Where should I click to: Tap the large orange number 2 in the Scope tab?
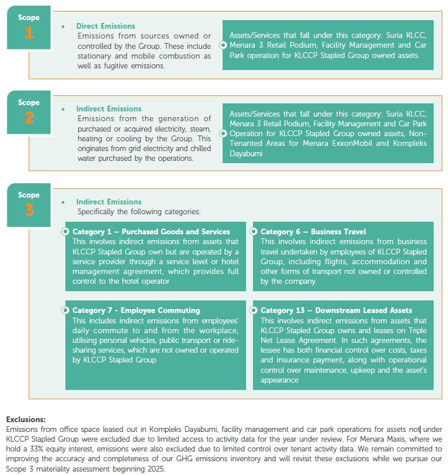pos(29,118)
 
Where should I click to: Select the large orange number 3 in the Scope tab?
pos(29,210)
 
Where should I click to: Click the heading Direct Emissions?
pos(106,26)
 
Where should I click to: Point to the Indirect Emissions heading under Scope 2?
pos(108,109)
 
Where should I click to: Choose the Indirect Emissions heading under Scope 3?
pos(108,202)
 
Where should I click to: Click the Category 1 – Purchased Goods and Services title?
pos(151,231)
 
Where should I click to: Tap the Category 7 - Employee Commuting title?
pos(136,310)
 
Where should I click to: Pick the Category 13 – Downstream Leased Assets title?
pos(336,310)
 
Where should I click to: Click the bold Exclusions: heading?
pos(25,420)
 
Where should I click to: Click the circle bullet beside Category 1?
pos(65,231)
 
